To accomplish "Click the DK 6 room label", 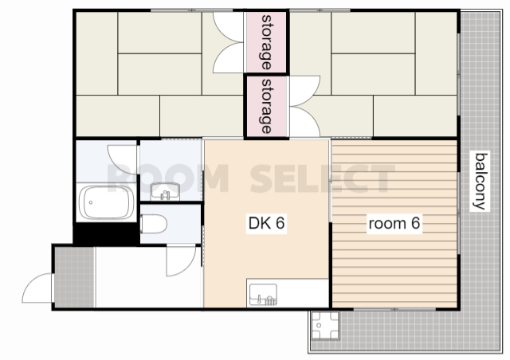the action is [x=266, y=223].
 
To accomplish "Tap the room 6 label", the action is [x=394, y=223].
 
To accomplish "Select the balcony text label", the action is [x=481, y=181].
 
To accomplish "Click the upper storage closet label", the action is [x=266, y=42].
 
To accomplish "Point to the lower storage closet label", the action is [x=266, y=106].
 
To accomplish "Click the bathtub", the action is [x=106, y=202].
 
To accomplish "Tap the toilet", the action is [x=154, y=224].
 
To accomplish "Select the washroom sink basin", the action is [x=165, y=191].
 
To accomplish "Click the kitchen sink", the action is [x=263, y=295].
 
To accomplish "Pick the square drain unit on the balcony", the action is [x=325, y=325].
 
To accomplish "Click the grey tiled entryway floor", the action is [x=74, y=277].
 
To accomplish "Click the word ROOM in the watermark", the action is [x=168, y=178].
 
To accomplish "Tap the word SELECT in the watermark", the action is [x=322, y=178].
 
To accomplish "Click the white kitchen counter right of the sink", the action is [x=303, y=292].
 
